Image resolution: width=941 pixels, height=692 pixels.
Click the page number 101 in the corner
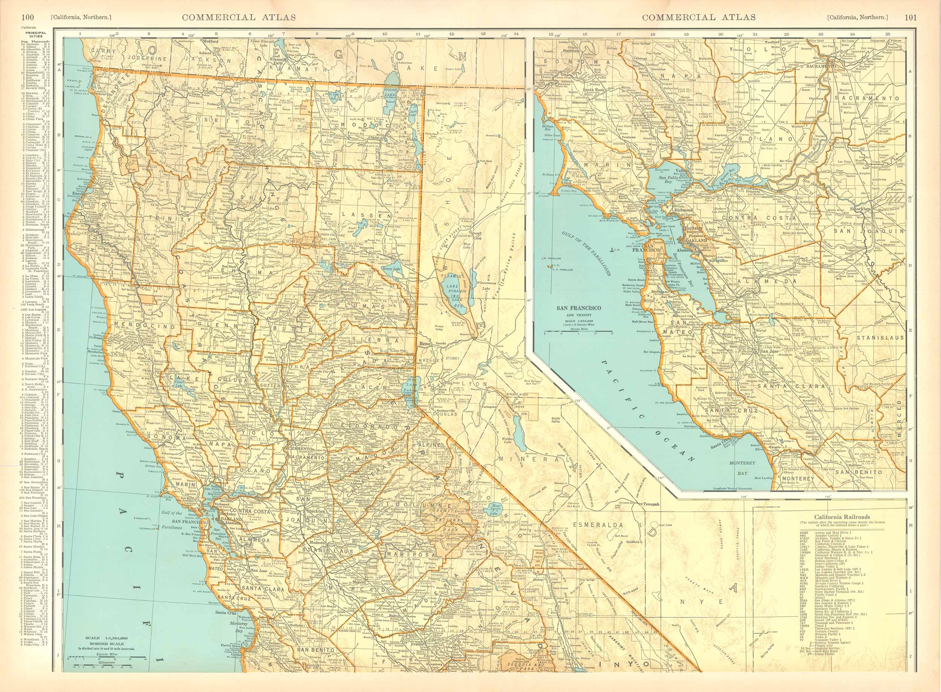click(x=911, y=17)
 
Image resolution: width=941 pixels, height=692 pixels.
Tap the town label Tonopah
click(x=652, y=504)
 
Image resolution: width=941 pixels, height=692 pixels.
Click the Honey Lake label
click(x=391, y=268)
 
